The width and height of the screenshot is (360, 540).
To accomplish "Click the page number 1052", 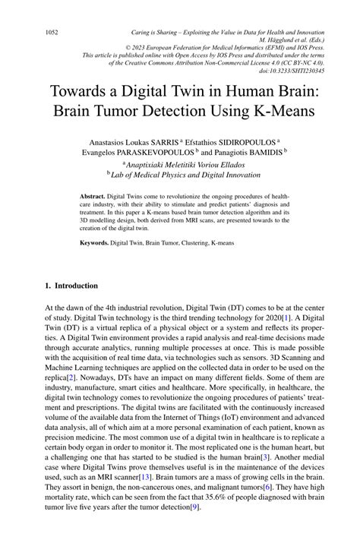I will pos(52,33).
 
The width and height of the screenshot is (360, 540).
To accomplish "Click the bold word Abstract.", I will pos(92,196).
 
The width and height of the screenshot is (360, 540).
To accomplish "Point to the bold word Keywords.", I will pos(94,243).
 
